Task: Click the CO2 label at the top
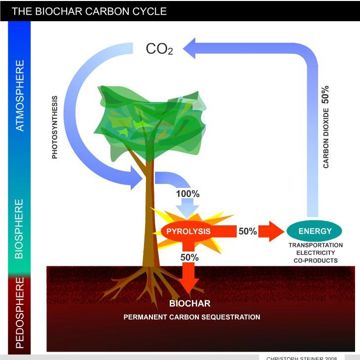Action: coord(159,49)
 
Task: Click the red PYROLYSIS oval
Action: coord(188,231)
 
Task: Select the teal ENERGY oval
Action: coord(315,231)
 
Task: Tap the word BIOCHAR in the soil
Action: coord(190,303)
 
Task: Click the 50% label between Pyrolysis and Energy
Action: coord(248,231)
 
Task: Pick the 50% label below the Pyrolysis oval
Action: coord(189,257)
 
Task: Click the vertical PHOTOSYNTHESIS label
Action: coord(55,127)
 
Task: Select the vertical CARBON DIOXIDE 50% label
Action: coord(325,127)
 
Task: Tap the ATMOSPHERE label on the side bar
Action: coord(20,96)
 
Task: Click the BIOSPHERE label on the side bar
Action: coord(20,229)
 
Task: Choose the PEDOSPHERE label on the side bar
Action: coord(20,313)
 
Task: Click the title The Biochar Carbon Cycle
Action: coord(89,11)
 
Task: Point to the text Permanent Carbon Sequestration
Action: coord(192,317)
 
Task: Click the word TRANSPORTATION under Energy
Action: coord(316,245)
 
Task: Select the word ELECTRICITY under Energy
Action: coord(316,253)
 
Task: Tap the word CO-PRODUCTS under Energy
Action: coord(316,260)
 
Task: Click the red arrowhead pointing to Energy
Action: coord(277,231)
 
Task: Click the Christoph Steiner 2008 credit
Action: coord(302,358)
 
